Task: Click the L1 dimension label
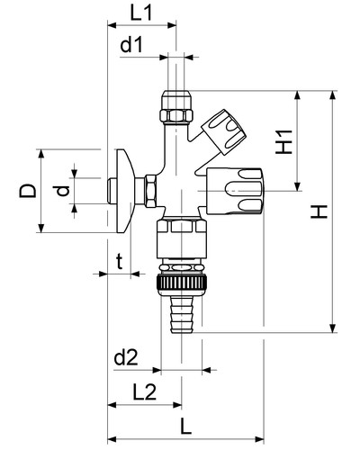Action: pyautogui.click(x=141, y=13)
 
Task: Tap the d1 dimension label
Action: pyautogui.click(x=131, y=45)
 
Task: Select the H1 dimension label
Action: pyautogui.click(x=283, y=142)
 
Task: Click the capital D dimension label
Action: pyautogui.click(x=28, y=191)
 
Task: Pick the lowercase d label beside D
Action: pyautogui.click(x=62, y=191)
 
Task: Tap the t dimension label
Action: pyautogui.click(x=120, y=261)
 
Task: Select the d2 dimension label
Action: pyautogui.click(x=126, y=357)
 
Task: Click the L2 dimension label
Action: pyautogui.click(x=145, y=392)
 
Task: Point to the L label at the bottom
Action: pyautogui.click(x=186, y=427)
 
